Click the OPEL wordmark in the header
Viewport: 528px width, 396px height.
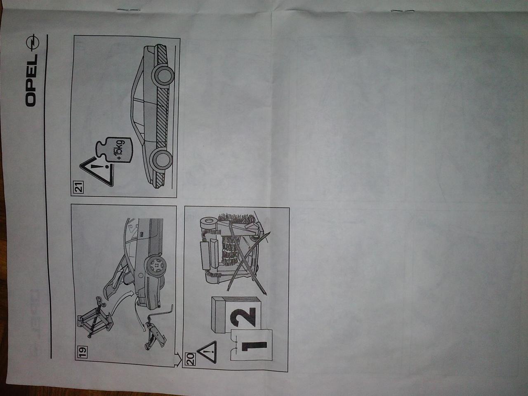point(31,80)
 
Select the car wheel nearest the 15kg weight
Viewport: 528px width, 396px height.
point(161,159)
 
